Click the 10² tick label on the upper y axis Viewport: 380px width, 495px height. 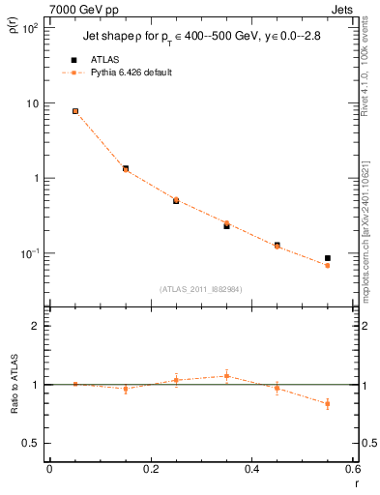(x=31, y=28)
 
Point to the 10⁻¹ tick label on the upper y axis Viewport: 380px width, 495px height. (x=31, y=253)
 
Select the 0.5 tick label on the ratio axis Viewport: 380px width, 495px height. (x=32, y=443)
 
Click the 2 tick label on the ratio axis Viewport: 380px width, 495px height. (x=37, y=326)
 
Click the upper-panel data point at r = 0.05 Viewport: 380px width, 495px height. (x=74, y=111)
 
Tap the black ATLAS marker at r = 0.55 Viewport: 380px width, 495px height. (x=328, y=258)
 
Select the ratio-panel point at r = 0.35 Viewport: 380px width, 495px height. (x=226, y=376)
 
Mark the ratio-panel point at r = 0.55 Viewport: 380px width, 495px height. (x=328, y=404)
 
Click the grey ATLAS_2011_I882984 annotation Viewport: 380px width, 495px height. (x=200, y=289)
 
